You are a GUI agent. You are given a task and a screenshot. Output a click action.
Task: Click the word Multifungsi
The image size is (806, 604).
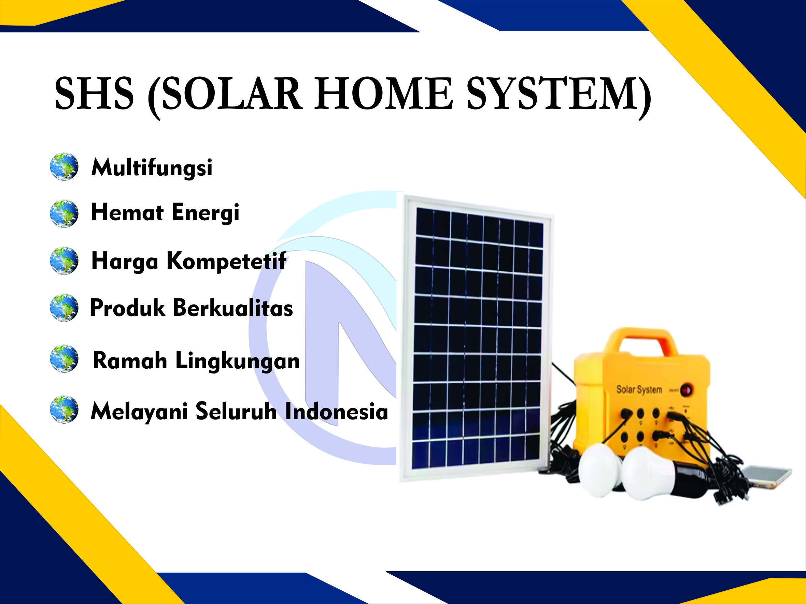[x=152, y=168]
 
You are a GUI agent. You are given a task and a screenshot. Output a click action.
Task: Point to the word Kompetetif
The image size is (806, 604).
[x=226, y=261]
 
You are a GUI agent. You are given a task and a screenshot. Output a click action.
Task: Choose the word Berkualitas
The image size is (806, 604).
[x=233, y=308]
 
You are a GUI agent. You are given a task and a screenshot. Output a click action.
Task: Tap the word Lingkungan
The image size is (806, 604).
[x=238, y=361]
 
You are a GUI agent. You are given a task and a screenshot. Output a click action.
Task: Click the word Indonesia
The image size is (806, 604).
[x=336, y=411]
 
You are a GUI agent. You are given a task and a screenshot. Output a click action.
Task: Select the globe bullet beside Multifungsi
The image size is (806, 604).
[x=64, y=166]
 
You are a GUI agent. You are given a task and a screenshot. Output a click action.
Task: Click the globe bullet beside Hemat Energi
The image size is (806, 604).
[x=64, y=213]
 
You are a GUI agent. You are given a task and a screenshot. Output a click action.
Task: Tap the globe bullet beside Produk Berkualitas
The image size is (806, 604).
[x=64, y=308]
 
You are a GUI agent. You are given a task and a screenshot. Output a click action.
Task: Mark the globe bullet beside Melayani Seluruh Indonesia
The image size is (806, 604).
[x=64, y=409]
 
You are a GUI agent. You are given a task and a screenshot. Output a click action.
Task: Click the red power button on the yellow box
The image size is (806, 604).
[x=687, y=391]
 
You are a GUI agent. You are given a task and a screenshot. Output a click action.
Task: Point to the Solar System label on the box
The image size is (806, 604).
[x=639, y=389]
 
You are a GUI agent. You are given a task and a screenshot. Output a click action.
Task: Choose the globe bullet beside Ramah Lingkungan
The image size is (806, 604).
[x=64, y=358]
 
